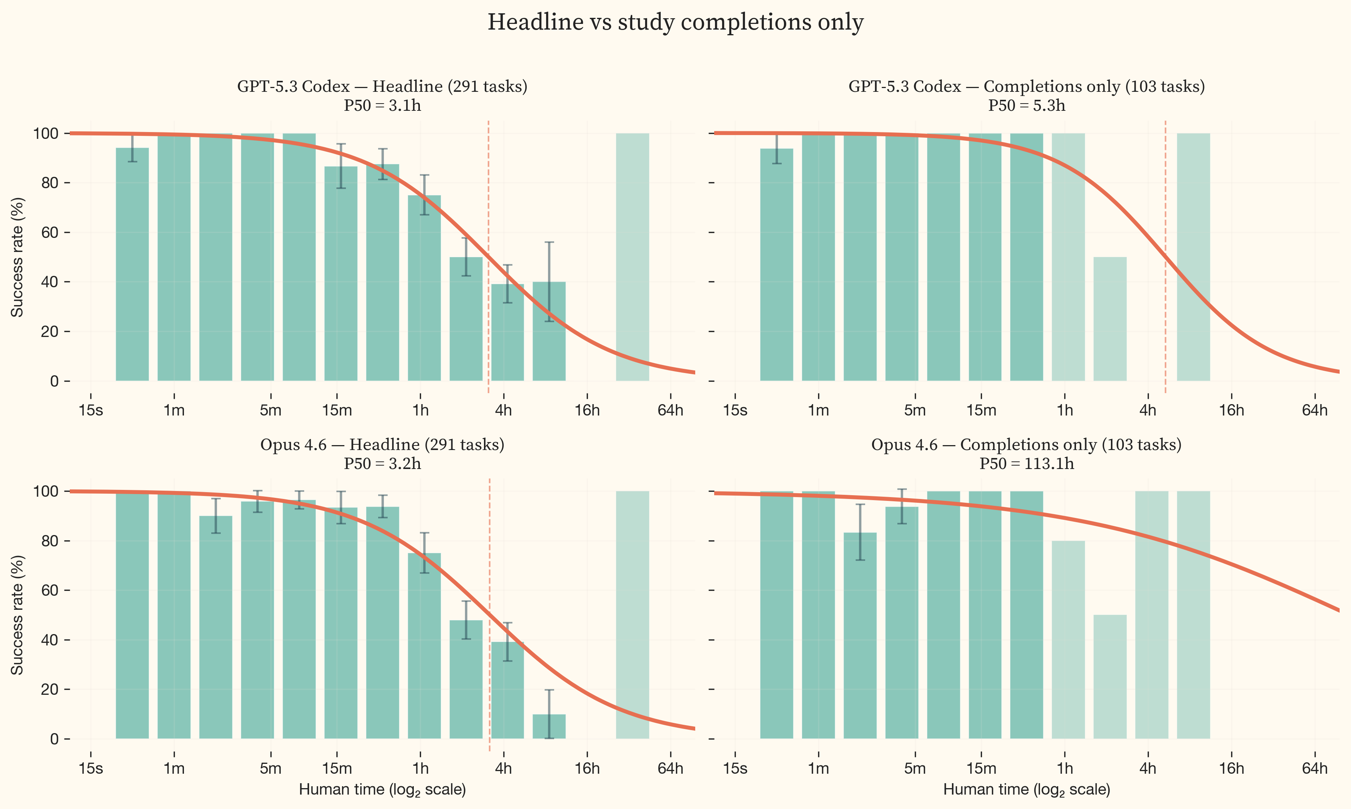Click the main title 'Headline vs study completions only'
(675, 23)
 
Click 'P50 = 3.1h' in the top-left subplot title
(382, 105)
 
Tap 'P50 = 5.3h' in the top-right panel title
(1026, 105)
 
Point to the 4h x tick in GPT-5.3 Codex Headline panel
(503, 410)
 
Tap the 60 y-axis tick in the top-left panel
(50, 232)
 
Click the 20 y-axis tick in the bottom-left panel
(50, 689)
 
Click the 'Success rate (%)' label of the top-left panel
(17, 257)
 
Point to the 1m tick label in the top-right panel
(818, 410)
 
